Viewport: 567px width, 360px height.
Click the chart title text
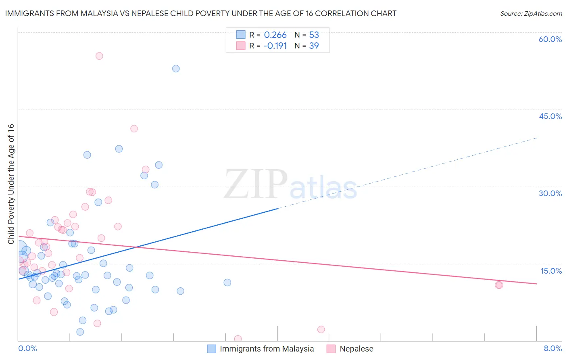click(200, 13)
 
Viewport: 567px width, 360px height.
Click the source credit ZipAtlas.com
click(531, 13)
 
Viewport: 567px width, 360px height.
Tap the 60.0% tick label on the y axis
click(550, 39)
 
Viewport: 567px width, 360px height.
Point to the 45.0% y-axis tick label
click(550, 116)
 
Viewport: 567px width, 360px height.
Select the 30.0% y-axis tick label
click(550, 193)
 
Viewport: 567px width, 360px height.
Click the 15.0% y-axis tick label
click(551, 271)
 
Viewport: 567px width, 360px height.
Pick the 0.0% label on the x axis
click(27, 348)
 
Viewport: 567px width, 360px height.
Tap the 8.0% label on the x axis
click(552, 348)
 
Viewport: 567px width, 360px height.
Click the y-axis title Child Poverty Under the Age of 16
click(11, 184)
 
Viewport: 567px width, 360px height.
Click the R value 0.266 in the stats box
click(275, 35)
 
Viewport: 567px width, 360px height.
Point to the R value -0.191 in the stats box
click(275, 46)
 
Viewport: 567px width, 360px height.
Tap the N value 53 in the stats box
click(314, 35)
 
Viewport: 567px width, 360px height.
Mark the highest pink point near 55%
click(99, 56)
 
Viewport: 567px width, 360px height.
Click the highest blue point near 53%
click(176, 69)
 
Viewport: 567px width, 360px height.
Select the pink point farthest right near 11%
click(499, 285)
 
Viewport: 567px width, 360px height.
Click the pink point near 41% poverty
click(134, 129)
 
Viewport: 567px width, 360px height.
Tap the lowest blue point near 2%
click(80, 332)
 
